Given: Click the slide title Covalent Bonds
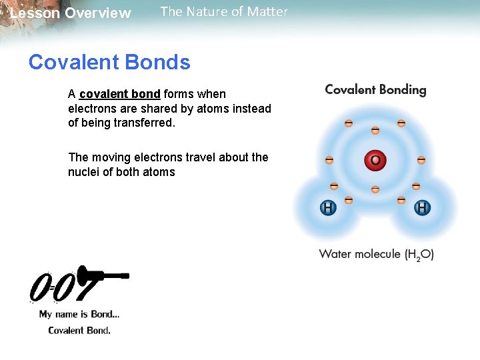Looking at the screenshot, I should click(x=109, y=63).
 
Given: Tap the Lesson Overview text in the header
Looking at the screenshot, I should click(x=71, y=13).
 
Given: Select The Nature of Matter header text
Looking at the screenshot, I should click(x=224, y=11).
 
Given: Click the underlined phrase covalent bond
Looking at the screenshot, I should click(x=119, y=94).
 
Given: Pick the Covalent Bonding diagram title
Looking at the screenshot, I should click(x=375, y=90).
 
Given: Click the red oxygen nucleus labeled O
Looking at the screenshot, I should click(x=375, y=161).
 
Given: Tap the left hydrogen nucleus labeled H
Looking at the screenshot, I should click(x=327, y=208).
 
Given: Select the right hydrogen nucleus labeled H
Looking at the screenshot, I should click(x=422, y=208).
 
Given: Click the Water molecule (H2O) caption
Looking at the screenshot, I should click(x=376, y=254).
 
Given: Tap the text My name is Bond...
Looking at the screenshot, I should click(x=79, y=314).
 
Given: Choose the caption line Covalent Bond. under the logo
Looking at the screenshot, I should click(x=79, y=330).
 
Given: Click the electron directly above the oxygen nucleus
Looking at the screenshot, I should click(x=375, y=130).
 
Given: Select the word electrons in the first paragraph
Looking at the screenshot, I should click(x=91, y=109).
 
